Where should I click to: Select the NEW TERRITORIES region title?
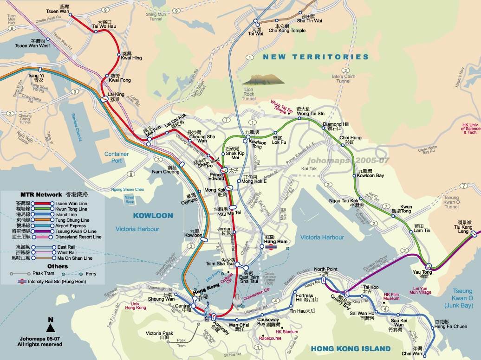click(316, 57)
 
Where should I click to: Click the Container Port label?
click(116, 157)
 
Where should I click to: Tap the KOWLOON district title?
click(153, 216)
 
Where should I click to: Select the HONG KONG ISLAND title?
click(351, 349)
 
